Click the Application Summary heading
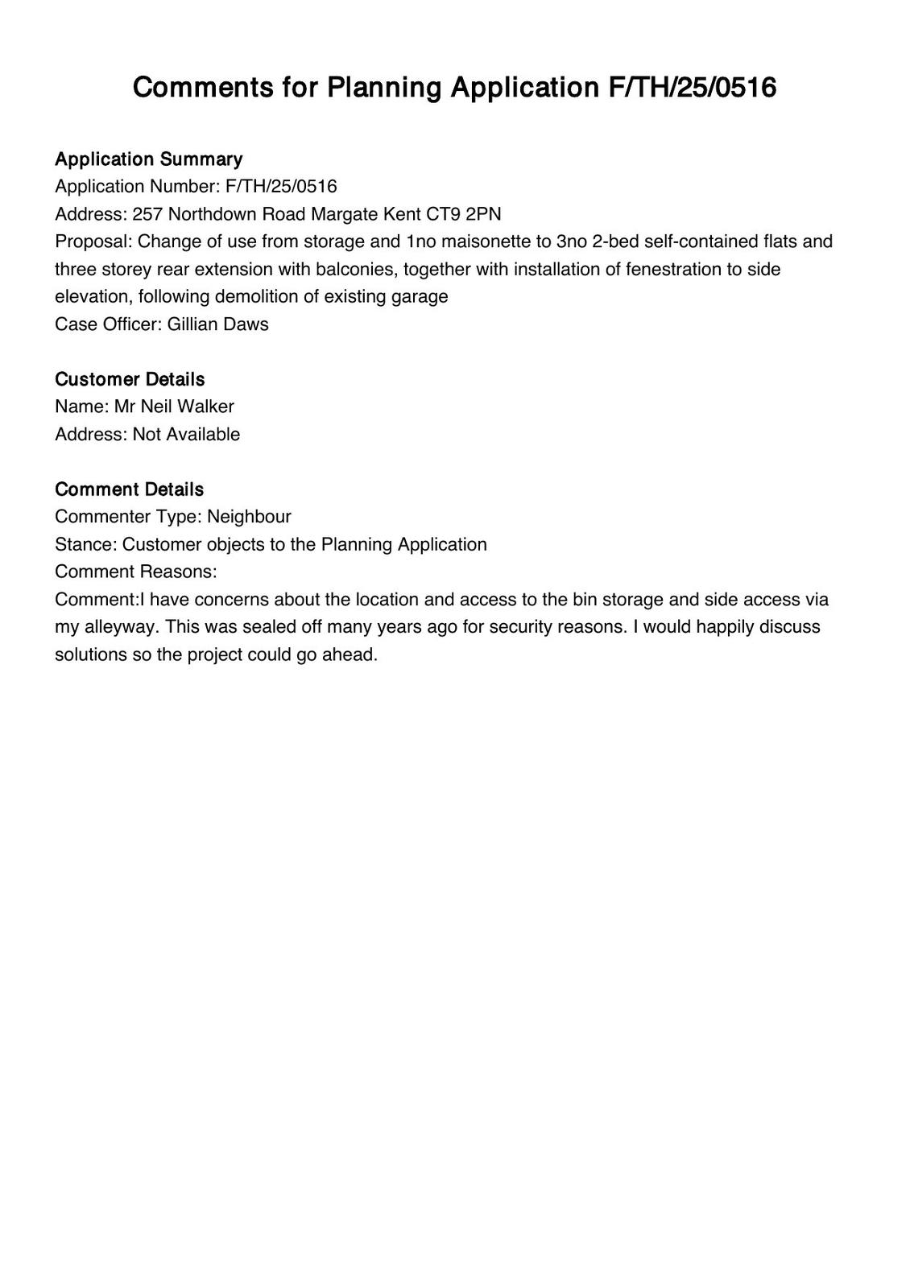pos(148,159)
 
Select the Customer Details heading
pos(130,379)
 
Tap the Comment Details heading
pos(129,489)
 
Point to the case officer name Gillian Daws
pos(217,324)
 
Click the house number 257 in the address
pos(147,214)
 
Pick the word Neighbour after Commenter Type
pos(249,517)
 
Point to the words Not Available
pos(186,435)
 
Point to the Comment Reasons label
pos(135,572)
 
